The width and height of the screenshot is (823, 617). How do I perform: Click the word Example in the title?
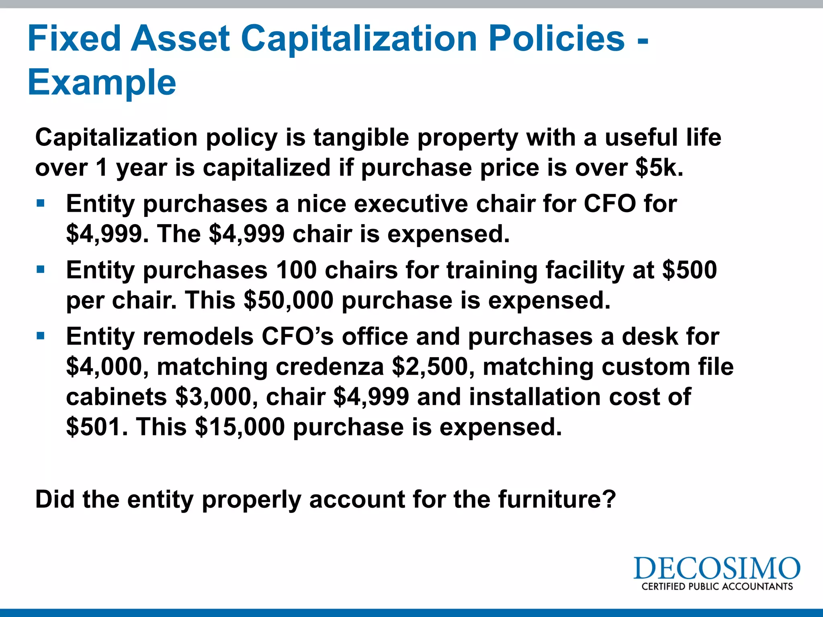pyautogui.click(x=102, y=83)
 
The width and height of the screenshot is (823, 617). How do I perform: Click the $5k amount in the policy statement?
pyautogui.click(x=659, y=168)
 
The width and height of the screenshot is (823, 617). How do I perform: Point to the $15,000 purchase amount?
pyautogui.click(x=240, y=427)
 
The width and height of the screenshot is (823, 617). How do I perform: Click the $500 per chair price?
pyautogui.click(x=689, y=270)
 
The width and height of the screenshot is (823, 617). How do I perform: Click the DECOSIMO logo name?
pyautogui.click(x=717, y=568)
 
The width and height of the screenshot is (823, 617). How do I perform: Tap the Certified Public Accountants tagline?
pyautogui.click(x=717, y=586)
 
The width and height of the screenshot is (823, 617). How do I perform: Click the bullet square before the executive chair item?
pyautogui.click(x=40, y=203)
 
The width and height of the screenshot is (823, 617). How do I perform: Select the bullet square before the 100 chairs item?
pyautogui.click(x=40, y=270)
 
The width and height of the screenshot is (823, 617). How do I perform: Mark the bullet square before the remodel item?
pyautogui.click(x=40, y=336)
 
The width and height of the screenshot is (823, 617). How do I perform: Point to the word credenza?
pyautogui.click(x=330, y=367)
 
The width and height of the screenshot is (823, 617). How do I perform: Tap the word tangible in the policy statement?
pyautogui.click(x=361, y=138)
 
